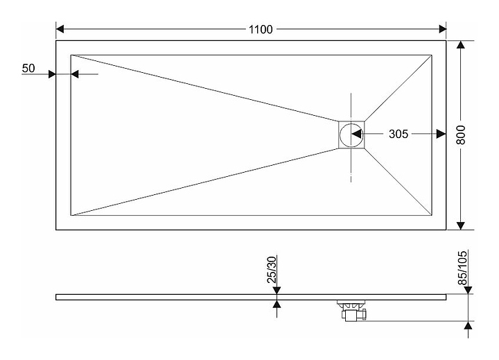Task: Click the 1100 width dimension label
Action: point(261,29)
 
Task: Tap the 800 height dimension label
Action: point(460,135)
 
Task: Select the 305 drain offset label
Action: point(398,134)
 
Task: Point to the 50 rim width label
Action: point(28,68)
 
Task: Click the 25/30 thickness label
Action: point(272,270)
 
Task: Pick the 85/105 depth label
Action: point(462,268)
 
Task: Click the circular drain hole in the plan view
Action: point(351,135)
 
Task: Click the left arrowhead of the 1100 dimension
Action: point(60,29)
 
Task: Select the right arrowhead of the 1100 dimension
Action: point(442,29)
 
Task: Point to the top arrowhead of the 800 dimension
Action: point(460,45)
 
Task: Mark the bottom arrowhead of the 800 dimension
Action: point(460,225)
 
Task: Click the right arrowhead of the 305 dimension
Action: point(441,134)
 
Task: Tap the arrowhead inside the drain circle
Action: point(356,134)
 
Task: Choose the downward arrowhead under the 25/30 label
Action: point(277,290)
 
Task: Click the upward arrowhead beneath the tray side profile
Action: point(277,304)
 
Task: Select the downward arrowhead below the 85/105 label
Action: point(468,290)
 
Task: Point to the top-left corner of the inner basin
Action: point(71,55)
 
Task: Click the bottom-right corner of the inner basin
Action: point(432,215)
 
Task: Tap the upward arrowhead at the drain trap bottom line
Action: point(468,325)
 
